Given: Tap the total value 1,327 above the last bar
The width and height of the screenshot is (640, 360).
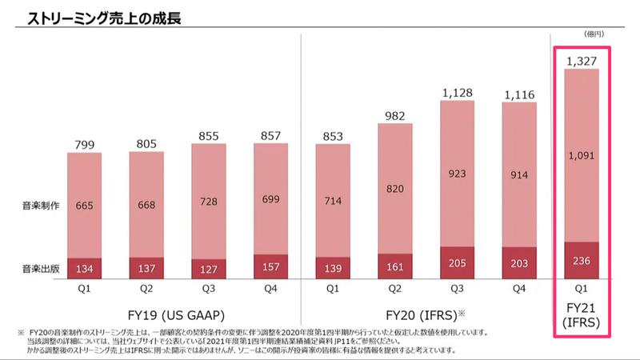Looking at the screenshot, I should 582,61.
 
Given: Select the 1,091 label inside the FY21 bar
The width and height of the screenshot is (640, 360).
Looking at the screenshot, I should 582,156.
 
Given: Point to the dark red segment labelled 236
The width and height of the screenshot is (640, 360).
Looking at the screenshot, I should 582,261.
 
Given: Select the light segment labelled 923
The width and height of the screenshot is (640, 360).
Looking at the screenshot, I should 458,173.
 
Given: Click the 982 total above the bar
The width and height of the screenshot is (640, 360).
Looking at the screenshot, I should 396,116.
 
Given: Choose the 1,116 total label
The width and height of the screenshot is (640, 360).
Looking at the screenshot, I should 520,96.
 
